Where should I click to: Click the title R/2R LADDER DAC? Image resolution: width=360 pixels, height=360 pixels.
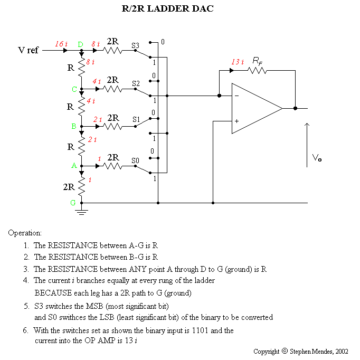(167, 10)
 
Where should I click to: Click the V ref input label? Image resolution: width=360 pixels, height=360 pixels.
(29, 51)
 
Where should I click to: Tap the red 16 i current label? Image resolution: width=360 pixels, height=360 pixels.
(61, 44)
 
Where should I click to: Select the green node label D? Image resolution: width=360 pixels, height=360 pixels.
(81, 44)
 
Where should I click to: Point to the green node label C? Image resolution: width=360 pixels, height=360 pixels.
(74, 89)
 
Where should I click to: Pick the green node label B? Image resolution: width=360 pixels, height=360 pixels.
(74, 127)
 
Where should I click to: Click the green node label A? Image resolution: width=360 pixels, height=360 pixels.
(74, 165)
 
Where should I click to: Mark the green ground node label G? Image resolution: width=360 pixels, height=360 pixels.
(74, 202)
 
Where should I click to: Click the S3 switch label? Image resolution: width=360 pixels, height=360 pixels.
(136, 45)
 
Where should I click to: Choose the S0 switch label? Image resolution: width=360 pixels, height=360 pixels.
(136, 159)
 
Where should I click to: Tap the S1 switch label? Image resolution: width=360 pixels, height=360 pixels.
(136, 120)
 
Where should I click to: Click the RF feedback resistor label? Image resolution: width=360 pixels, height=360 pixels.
(258, 61)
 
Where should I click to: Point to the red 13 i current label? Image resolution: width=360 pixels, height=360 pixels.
(238, 62)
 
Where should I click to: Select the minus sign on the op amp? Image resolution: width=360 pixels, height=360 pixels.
(236, 96)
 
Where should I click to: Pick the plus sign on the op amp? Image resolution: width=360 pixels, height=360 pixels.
(236, 121)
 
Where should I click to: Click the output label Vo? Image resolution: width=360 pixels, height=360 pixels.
(317, 158)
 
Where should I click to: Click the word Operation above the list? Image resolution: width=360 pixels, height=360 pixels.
(25, 233)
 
